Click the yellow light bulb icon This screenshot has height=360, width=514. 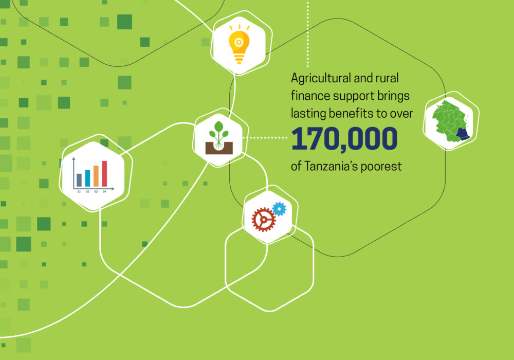(x=239, y=44)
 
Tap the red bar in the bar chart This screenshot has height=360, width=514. (x=104, y=174)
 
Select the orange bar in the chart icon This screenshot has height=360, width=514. (x=96, y=176)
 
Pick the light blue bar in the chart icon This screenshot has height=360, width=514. (x=87, y=178)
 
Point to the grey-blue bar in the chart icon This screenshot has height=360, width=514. (x=79, y=180)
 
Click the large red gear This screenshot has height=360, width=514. (x=264, y=220)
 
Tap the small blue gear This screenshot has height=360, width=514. (x=279, y=209)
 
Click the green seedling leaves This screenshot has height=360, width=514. (x=218, y=130)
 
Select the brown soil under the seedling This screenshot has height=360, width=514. (x=219, y=148)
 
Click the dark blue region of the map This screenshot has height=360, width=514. (x=463, y=134)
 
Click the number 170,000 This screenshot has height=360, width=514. (x=344, y=139)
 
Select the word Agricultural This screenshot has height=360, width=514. (x=321, y=79)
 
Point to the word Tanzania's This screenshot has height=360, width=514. (x=331, y=166)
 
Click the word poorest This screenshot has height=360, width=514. (x=381, y=167)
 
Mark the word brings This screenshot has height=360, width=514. (x=393, y=96)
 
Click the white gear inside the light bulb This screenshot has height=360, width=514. (x=238, y=42)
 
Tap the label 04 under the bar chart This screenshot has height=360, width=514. (x=104, y=192)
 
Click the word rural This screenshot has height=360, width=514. (x=387, y=78)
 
